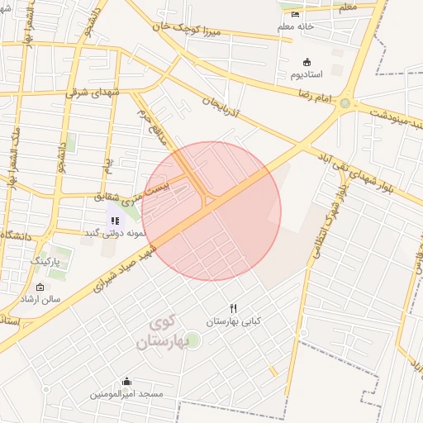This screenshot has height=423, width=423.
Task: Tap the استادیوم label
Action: pyautogui.click(x=307, y=75)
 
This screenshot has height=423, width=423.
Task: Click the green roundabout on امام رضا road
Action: pyautogui.click(x=345, y=104)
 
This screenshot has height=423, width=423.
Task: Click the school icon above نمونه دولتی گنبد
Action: pyautogui.click(x=115, y=221)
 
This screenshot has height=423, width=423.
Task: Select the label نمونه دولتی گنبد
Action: pyautogui.click(x=114, y=234)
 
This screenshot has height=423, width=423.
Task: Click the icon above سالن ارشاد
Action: pyautogui.click(x=40, y=287)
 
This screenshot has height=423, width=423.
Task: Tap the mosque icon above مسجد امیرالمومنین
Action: pyautogui.click(x=126, y=382)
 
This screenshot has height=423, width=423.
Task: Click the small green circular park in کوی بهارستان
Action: pyautogui.click(x=192, y=339)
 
